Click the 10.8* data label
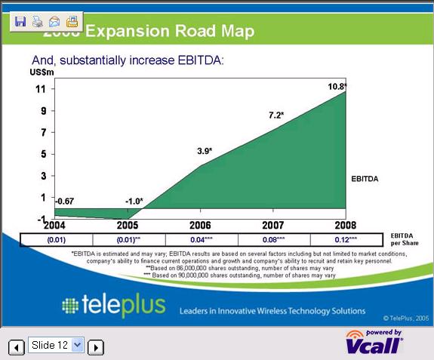click(x=337, y=87)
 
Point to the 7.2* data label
click(x=276, y=115)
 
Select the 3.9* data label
click(x=205, y=151)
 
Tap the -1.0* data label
click(x=134, y=201)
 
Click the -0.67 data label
click(x=66, y=200)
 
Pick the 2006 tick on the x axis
click(x=201, y=226)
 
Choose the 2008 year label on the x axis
click(x=345, y=226)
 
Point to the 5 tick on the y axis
click(x=42, y=154)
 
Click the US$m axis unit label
click(x=42, y=72)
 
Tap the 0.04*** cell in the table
click(x=201, y=239)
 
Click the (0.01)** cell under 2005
click(x=129, y=239)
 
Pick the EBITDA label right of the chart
click(x=365, y=180)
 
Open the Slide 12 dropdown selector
click(x=56, y=345)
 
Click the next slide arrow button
click(x=95, y=347)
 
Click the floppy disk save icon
click(x=20, y=21)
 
